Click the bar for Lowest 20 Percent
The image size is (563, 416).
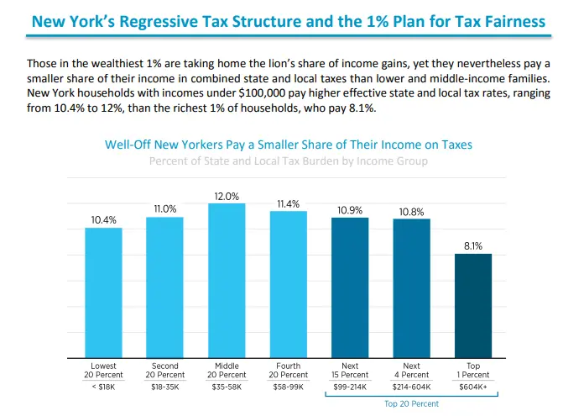click(x=103, y=292)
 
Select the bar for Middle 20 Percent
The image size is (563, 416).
click(x=227, y=280)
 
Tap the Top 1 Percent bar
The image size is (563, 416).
click(x=473, y=305)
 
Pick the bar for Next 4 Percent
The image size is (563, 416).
click(x=411, y=287)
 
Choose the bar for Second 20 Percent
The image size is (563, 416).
click(x=165, y=287)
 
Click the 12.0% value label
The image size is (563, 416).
click(x=227, y=195)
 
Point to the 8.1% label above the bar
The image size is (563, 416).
click(x=473, y=246)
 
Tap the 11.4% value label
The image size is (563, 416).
click(x=288, y=203)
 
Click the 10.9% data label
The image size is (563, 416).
click(x=350, y=210)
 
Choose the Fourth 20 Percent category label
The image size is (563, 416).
click(x=288, y=371)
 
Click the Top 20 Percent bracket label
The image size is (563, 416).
click(x=411, y=404)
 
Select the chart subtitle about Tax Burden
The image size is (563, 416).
click(x=289, y=161)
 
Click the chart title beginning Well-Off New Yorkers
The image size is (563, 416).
click(x=289, y=145)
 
